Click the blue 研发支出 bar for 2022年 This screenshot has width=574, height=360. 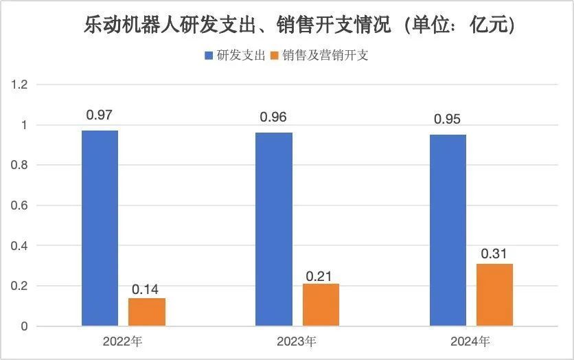point(100,228)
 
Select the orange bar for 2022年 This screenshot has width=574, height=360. point(147,312)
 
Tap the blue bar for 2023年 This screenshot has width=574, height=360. point(274,229)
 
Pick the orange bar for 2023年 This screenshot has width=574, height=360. point(321,305)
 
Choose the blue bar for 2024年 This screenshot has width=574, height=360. point(448,230)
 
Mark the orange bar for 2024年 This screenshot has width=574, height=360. point(494,295)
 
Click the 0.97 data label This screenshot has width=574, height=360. point(100,115)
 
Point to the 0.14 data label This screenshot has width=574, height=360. point(146,289)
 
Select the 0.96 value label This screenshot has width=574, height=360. point(274,117)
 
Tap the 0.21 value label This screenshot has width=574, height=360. point(321,275)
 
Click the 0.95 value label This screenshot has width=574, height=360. point(448,119)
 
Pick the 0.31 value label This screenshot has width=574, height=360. point(494,254)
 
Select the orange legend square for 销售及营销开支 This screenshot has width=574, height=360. point(277,56)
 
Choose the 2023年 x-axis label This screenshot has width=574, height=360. point(297,341)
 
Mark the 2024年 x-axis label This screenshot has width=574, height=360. point(471,341)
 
